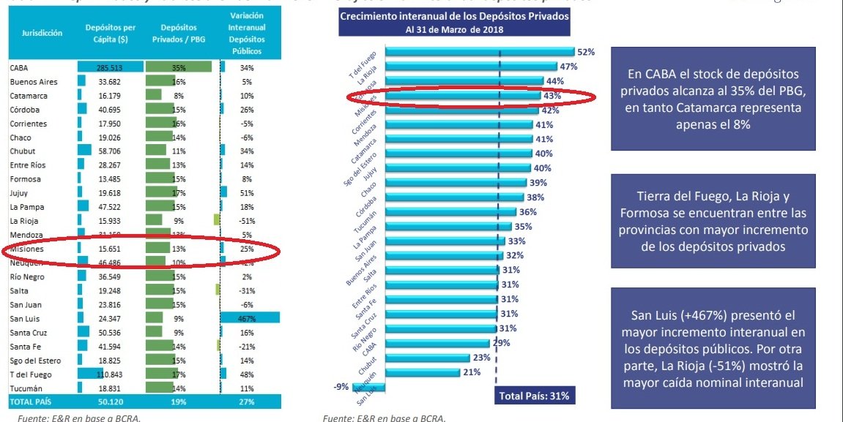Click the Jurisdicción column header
[x=42, y=33]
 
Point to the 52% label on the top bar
[x=585, y=52]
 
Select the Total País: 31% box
[x=532, y=396]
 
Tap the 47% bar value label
[x=568, y=67]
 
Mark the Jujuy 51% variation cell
[x=246, y=193]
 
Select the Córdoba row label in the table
[x=25, y=110]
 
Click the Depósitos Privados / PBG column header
[x=178, y=33]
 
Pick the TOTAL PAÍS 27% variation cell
[x=246, y=402]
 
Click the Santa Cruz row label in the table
[x=29, y=333]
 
